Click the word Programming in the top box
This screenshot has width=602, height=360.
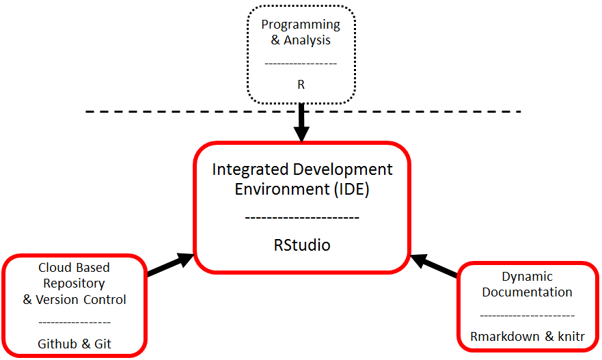click(x=301, y=25)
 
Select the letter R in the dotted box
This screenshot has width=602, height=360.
click(x=301, y=85)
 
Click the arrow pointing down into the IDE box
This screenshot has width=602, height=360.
click(x=301, y=126)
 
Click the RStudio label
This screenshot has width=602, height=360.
click(x=301, y=245)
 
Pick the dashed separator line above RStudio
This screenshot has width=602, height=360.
click(x=301, y=218)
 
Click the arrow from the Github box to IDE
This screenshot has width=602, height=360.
click(x=169, y=265)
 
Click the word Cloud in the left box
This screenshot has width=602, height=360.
click(x=53, y=267)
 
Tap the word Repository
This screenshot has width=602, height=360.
click(x=74, y=283)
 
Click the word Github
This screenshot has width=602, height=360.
click(x=58, y=344)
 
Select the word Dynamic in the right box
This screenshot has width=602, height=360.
click(x=527, y=277)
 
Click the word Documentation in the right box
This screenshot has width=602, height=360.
click(x=527, y=292)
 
